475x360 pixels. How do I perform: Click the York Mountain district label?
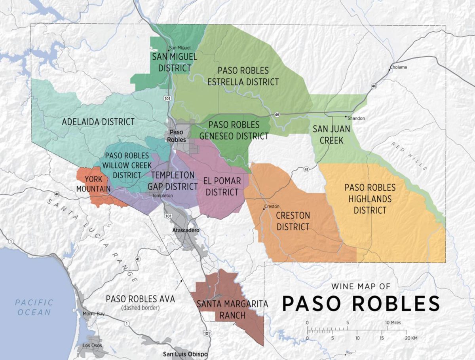[93, 184]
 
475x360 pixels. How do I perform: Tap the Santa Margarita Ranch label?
[232, 310]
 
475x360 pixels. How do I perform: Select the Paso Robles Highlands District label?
[370, 199]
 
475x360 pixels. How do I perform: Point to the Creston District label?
[293, 221]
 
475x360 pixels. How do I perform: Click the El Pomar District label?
[222, 186]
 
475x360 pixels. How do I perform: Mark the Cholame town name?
[398, 67]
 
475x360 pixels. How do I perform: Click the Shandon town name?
[356, 118]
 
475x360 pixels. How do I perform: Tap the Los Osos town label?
[92, 345]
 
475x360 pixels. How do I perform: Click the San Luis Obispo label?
[185, 354]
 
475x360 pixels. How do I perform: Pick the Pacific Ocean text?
[34, 307]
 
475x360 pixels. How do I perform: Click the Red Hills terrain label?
[409, 156]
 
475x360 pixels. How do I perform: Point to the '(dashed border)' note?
[141, 307]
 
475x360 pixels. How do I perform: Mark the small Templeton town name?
[163, 196]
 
